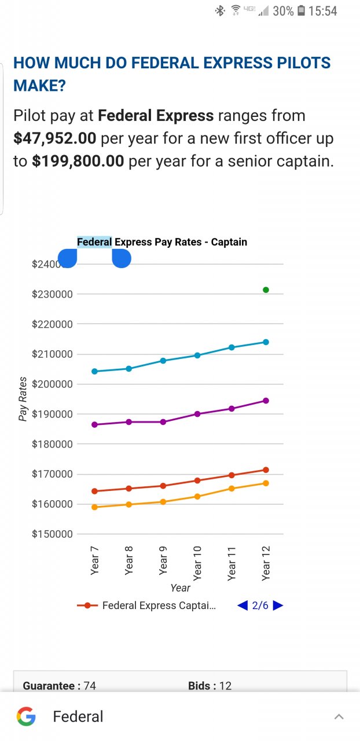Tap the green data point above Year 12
(x=266, y=289)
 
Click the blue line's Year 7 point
(x=95, y=371)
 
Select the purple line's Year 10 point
(x=197, y=414)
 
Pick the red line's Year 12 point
(x=266, y=469)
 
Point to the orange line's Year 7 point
(x=95, y=507)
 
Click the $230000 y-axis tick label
(x=52, y=294)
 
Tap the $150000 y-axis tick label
(x=52, y=534)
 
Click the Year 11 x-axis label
(x=232, y=563)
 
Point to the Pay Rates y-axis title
(x=23, y=399)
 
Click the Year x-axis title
(x=180, y=588)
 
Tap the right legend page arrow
(x=278, y=606)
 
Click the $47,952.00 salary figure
(x=54, y=138)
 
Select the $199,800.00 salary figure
(x=78, y=161)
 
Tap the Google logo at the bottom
(x=26, y=717)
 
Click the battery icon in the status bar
(x=302, y=10)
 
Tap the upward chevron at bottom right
(x=339, y=717)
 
